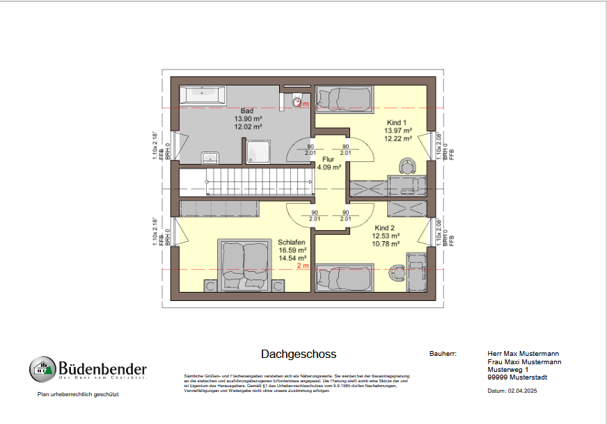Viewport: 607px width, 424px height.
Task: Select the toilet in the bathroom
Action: [x=297, y=101]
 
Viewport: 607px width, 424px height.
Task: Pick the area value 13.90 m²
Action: [x=248, y=119]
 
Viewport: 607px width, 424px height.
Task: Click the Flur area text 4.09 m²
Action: [x=329, y=168]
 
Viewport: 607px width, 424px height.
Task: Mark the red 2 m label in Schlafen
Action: [x=302, y=266]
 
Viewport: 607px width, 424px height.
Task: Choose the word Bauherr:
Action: [x=443, y=354]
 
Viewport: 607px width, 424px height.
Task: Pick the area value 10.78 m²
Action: [x=386, y=244]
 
